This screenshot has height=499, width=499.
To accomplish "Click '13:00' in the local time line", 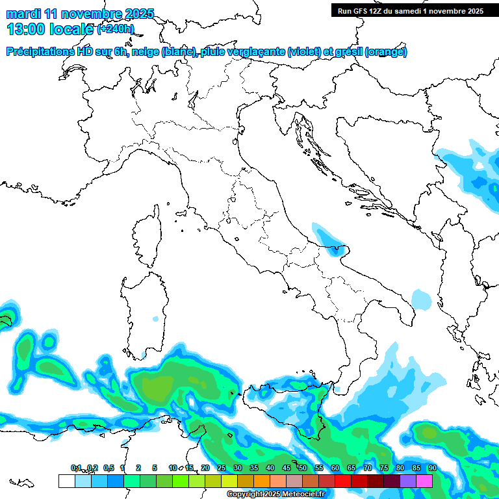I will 27,29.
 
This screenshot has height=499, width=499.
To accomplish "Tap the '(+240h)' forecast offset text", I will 116,29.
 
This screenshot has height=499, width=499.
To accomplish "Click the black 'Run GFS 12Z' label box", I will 410,10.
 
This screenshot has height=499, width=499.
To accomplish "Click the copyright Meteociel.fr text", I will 276,494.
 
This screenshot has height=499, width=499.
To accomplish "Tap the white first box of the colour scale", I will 66,481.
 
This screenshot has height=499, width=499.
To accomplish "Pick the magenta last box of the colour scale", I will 424,481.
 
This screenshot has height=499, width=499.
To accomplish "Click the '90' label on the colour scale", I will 432,468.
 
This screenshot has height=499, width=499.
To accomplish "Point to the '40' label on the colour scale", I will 270,468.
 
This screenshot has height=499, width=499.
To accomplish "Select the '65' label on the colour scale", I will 351,468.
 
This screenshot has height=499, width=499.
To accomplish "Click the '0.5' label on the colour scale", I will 108,468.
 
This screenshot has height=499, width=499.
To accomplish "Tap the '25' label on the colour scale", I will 221,468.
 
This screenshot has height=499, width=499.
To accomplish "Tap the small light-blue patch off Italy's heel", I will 422,300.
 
